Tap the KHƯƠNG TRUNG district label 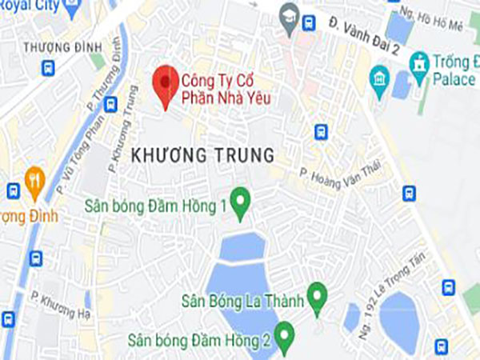click(202, 153)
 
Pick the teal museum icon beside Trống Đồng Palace click(380, 78)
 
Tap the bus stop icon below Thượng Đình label click(49, 68)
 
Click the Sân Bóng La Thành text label click(255, 300)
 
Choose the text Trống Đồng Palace click(455, 70)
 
